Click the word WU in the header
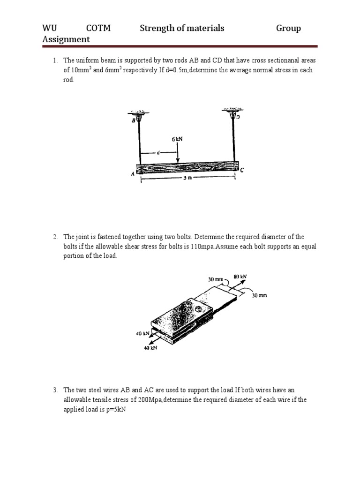pyautogui.click(x=49, y=28)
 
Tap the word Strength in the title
pyautogui.click(x=157, y=28)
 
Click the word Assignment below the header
pyautogui.click(x=66, y=39)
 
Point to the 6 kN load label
pyautogui.click(x=177, y=139)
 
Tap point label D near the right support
pyautogui.click(x=238, y=118)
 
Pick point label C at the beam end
pyautogui.click(x=242, y=171)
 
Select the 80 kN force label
pyautogui.click(x=240, y=277)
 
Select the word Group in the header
pyautogui.click(x=288, y=28)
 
